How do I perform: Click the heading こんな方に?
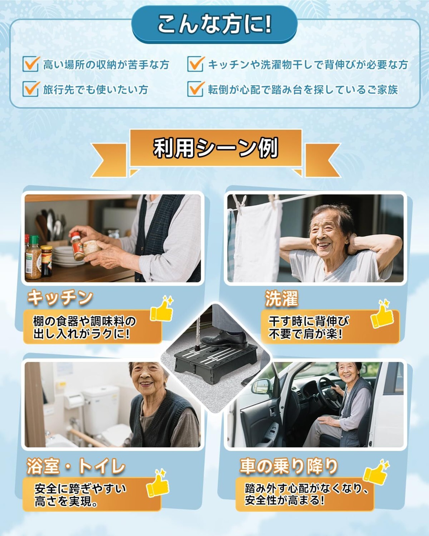pyautogui.click(x=214, y=24)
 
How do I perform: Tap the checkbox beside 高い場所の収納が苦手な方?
pyautogui.click(x=31, y=64)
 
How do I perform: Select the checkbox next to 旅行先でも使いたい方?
pyautogui.click(x=31, y=89)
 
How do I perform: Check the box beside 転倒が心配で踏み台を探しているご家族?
pyautogui.click(x=196, y=89)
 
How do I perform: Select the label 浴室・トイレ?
pyautogui.click(x=76, y=466)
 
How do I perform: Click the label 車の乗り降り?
pyautogui.click(x=289, y=466)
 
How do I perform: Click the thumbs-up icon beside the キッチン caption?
pyautogui.click(x=162, y=309)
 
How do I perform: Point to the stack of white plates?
pyautogui.click(x=65, y=257)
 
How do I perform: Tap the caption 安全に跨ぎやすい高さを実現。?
pyautogui.click(x=80, y=495)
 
